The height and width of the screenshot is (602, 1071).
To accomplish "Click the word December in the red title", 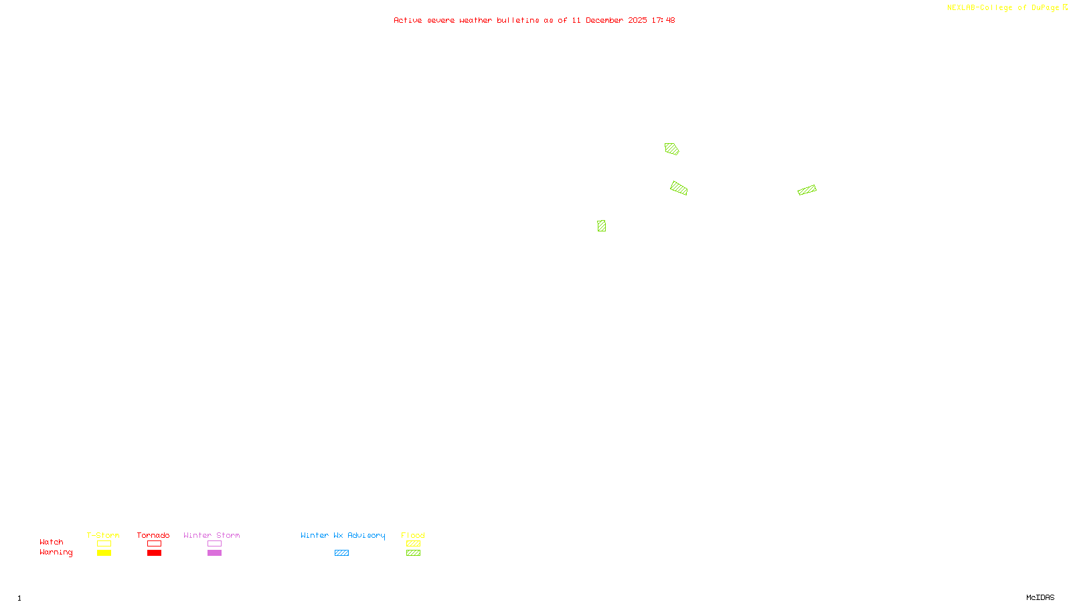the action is click(604, 20).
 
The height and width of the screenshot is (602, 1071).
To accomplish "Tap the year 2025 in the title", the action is click(638, 20).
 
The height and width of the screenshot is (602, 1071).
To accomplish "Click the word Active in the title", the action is click(408, 20).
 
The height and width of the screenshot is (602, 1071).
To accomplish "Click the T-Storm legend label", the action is click(103, 535).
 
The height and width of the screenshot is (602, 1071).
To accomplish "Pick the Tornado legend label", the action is click(153, 535).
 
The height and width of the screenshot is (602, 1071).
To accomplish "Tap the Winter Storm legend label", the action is click(212, 535).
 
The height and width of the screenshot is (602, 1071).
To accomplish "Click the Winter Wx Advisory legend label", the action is click(343, 535).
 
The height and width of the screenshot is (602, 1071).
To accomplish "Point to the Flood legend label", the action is click(413, 535).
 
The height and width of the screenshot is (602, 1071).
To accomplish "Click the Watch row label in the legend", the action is click(52, 542).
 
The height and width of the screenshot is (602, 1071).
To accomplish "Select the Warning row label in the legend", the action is click(56, 553).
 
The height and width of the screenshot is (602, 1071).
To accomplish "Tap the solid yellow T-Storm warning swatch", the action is click(104, 553).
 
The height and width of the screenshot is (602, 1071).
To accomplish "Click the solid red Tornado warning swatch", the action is click(154, 553).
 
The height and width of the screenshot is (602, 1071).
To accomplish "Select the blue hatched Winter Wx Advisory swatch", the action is click(341, 553).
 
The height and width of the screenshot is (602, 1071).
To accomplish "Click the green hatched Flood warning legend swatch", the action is click(413, 553).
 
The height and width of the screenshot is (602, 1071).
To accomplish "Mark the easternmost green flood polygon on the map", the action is click(807, 190).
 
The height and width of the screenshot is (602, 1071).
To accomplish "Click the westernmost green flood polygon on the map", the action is click(602, 226).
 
